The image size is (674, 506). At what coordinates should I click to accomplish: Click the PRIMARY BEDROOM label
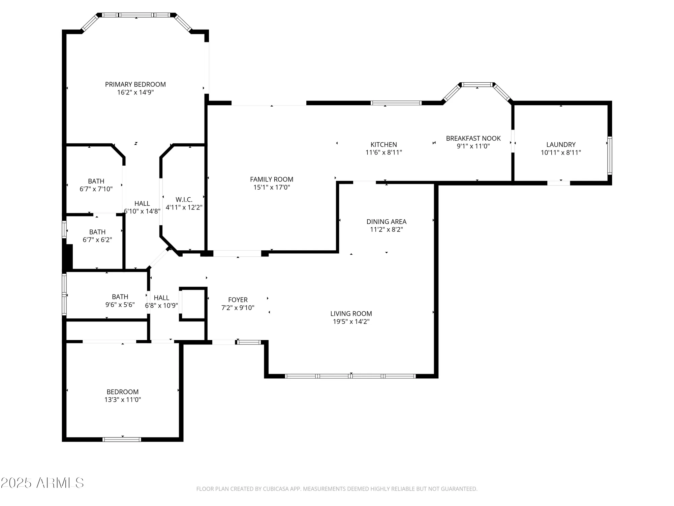click(x=135, y=84)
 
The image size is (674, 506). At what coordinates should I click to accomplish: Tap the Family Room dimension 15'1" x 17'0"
click(x=272, y=187)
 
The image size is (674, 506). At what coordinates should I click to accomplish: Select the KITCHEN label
click(x=384, y=144)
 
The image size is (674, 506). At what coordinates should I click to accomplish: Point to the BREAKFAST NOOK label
click(x=473, y=138)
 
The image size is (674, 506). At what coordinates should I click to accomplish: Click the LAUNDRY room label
click(x=561, y=144)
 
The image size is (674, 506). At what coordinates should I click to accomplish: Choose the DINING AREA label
click(x=386, y=222)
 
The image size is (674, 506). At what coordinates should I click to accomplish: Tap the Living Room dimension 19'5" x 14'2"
click(x=351, y=321)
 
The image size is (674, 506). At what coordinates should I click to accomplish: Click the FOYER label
click(x=238, y=300)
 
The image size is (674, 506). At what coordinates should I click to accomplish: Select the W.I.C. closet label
click(x=184, y=200)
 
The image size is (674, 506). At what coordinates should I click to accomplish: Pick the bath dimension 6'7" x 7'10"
click(x=96, y=189)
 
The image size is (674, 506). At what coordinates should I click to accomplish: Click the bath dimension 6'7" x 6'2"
click(x=97, y=240)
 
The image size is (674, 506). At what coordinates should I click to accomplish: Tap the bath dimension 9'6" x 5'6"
click(x=120, y=305)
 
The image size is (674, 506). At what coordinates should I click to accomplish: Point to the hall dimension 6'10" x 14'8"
click(x=142, y=212)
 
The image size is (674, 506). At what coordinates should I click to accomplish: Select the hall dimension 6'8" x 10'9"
click(x=161, y=306)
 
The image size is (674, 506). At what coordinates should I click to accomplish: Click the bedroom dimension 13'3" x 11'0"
click(x=123, y=400)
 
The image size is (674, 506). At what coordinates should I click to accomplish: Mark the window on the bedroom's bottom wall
click(x=122, y=439)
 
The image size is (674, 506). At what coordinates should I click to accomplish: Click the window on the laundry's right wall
click(x=610, y=155)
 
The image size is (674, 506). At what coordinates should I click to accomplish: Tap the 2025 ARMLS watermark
click(x=42, y=483)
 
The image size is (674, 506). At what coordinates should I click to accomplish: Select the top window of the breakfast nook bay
click(x=477, y=85)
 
